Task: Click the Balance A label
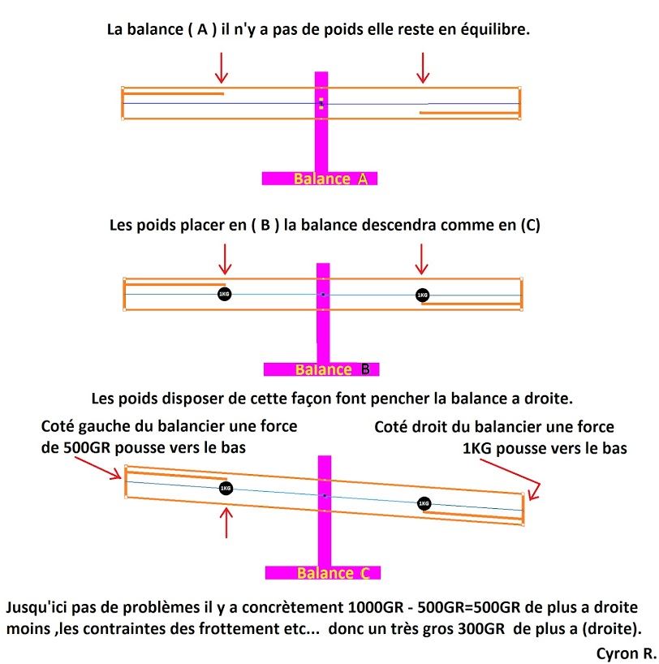pyautogui.click(x=330, y=179)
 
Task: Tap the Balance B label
pyautogui.click(x=333, y=369)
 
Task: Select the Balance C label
pyautogui.click(x=334, y=573)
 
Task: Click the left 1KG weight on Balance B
pyautogui.click(x=225, y=294)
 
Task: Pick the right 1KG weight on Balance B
pyautogui.click(x=422, y=295)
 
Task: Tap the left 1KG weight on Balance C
pyautogui.click(x=226, y=489)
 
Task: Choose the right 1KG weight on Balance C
pyautogui.click(x=424, y=503)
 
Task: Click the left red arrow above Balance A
pyautogui.click(x=221, y=68)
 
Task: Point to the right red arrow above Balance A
pyautogui.click(x=423, y=68)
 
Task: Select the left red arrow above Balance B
pyautogui.click(x=225, y=259)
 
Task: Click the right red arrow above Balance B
pyautogui.click(x=421, y=259)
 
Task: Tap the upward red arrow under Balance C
pyautogui.click(x=226, y=523)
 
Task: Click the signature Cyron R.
pyautogui.click(x=626, y=653)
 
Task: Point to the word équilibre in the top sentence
pyautogui.click(x=495, y=30)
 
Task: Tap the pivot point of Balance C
pyautogui.click(x=325, y=495)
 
